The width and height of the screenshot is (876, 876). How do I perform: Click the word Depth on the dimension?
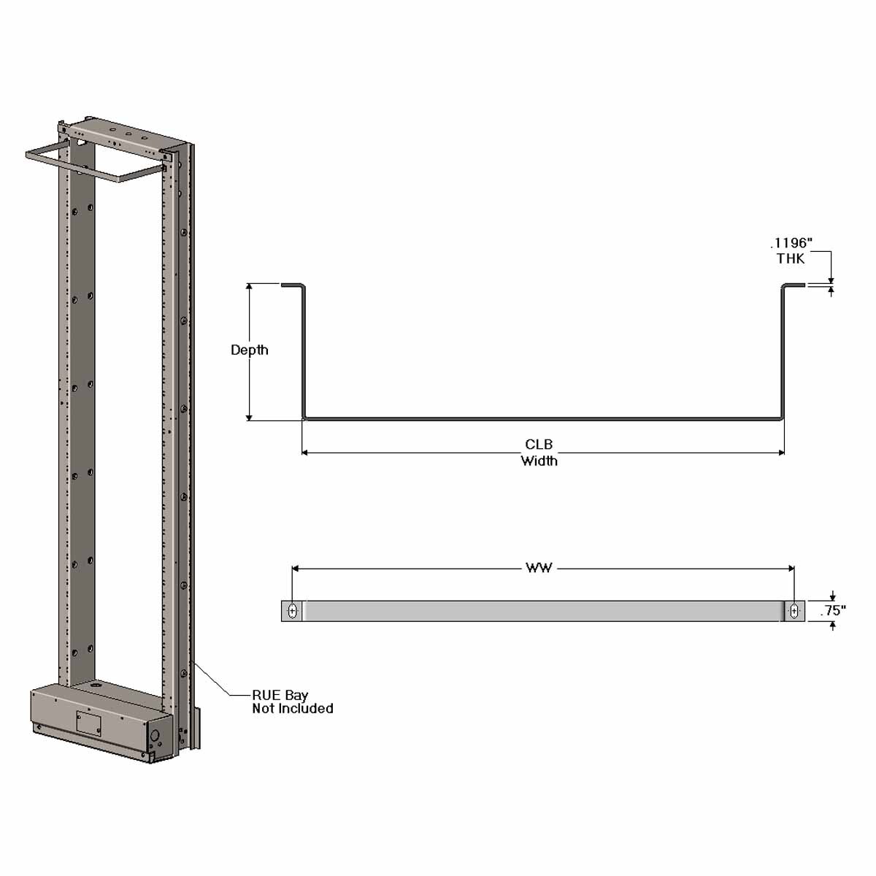click(249, 350)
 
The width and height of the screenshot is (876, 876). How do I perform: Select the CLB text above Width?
click(539, 445)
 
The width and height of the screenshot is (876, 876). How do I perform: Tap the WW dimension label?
click(539, 568)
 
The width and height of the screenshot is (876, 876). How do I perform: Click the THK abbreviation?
click(791, 258)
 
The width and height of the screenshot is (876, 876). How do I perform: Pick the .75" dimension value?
click(833, 611)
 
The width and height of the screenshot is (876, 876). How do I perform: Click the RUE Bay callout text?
click(280, 695)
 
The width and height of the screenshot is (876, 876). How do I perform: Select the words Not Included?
click(293, 709)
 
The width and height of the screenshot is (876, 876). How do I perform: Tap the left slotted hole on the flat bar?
click(292, 611)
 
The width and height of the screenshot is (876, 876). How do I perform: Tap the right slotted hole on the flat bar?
click(794, 611)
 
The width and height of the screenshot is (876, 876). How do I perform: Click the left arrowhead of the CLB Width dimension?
click(306, 453)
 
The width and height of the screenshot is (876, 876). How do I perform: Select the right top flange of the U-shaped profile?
click(794, 285)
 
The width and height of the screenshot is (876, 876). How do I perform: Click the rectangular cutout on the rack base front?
click(88, 722)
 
